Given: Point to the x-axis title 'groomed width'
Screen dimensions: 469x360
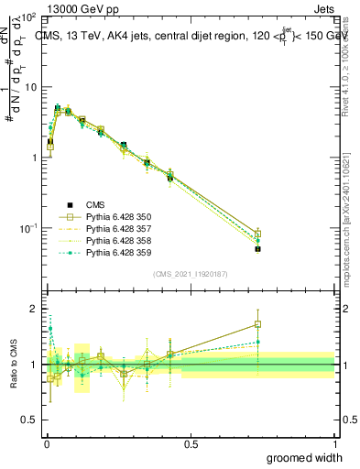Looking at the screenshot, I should coord(305,457).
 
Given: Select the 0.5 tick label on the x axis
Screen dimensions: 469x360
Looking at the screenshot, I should coord(190,442).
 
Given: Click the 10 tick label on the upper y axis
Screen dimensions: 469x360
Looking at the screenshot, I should coord(29,87).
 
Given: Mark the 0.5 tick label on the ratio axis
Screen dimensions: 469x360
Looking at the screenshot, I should coord(31,420).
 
